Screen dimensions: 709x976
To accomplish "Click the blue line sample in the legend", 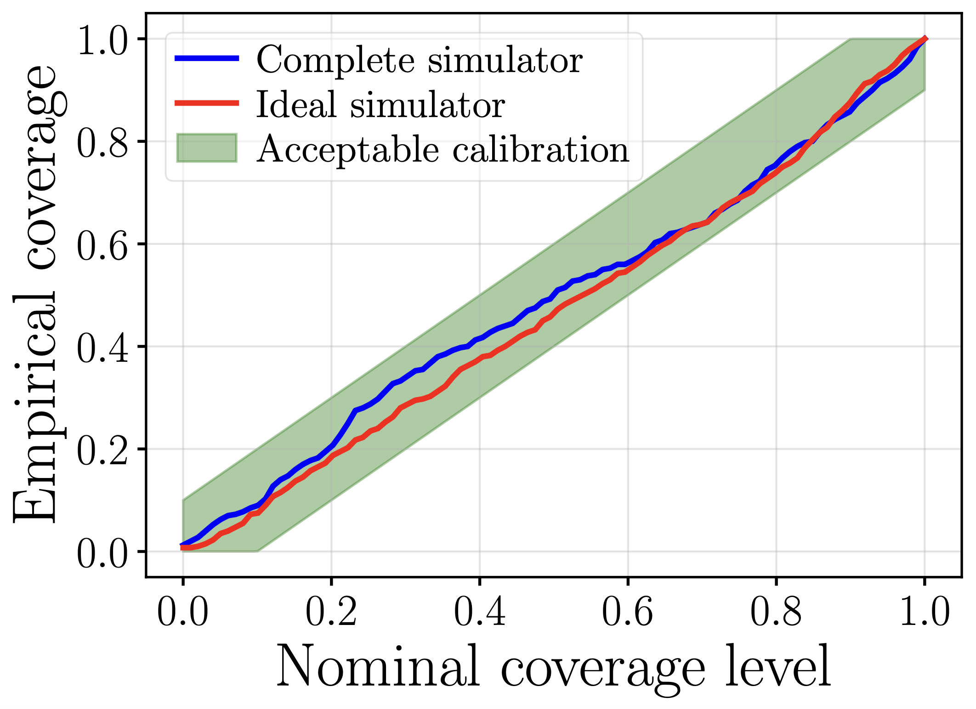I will pos(207,58).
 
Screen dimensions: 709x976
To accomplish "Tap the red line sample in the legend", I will pos(207,103).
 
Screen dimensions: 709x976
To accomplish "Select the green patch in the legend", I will pos(207,148).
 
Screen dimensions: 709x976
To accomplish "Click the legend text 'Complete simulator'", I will pos(419,60).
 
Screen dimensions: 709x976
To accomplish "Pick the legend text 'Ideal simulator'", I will pos(380,105).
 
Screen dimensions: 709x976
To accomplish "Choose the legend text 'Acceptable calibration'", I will pos(443,149).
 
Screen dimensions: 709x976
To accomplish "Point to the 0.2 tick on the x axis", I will pos(331,613).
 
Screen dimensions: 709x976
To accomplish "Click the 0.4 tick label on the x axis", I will pos(479,613).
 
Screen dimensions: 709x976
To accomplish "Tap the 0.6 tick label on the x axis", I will pos(627,613).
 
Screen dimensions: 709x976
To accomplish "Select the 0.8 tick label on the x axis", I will pos(776,613).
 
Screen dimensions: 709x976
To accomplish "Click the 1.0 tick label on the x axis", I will pos(924,613).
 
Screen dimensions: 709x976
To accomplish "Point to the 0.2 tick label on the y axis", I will pos(102,452).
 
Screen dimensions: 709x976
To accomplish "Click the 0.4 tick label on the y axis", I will pos(102,349).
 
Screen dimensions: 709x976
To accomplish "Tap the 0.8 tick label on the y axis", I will pos(102,144).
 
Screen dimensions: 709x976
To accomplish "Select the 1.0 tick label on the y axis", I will pos(102,42).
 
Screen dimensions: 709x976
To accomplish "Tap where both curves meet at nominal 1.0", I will pos(925,39).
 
